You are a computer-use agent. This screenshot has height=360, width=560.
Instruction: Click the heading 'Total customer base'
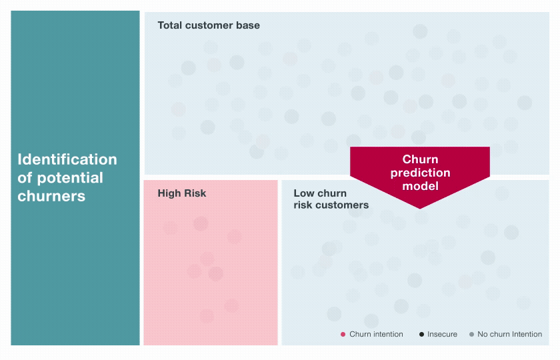point(209,25)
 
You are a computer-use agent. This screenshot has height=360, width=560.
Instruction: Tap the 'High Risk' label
point(182,193)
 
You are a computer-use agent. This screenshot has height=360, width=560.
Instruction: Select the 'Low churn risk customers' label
point(331,199)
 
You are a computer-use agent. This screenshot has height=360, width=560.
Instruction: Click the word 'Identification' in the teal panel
point(67,160)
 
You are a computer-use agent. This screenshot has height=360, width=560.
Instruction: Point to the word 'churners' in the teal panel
point(51,196)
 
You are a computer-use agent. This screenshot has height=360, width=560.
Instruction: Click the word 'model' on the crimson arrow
point(420,186)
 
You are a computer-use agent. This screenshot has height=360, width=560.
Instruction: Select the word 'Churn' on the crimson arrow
point(420,160)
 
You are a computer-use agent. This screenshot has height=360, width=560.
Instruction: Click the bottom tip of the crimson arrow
point(420,207)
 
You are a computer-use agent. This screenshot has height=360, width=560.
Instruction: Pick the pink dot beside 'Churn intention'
point(343,334)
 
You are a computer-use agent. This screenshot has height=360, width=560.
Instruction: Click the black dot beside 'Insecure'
point(421,334)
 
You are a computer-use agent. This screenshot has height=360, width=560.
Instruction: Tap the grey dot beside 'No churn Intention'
point(471,334)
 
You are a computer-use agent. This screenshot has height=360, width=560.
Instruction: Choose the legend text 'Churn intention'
point(376,334)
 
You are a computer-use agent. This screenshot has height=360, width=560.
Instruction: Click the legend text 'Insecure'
point(442,334)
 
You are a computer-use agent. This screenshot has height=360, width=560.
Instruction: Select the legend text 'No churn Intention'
point(510,334)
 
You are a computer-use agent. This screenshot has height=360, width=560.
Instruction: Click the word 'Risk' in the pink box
point(195,193)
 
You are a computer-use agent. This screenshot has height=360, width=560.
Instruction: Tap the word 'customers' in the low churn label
point(343,205)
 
